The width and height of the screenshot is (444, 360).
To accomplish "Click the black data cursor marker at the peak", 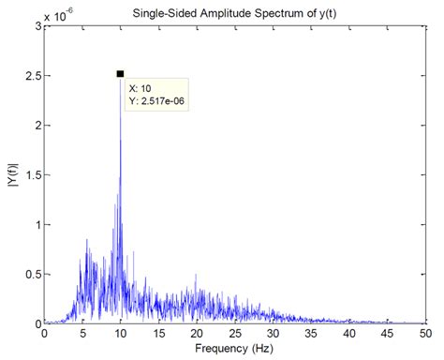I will pyautogui.click(x=120, y=73).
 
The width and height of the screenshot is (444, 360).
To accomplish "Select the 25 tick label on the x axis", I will pyautogui.click(x=234, y=334).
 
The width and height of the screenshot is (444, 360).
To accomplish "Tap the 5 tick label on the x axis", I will pyautogui.click(x=82, y=334).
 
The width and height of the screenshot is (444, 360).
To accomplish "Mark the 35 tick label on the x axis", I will pyautogui.click(x=310, y=334).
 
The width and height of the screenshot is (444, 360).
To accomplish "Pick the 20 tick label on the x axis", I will pyautogui.click(x=196, y=334).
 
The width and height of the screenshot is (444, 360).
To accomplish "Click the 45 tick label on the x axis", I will pyautogui.click(x=386, y=334).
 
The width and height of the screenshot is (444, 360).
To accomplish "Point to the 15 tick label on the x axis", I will pyautogui.click(x=158, y=334).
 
